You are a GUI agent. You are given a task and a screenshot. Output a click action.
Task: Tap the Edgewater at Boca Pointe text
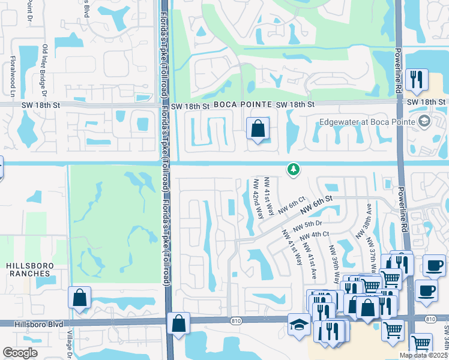(x=367, y=121)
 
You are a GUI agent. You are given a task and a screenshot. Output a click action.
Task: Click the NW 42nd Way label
(x=258, y=199)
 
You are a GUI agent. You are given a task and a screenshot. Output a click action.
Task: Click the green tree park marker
(x=293, y=170)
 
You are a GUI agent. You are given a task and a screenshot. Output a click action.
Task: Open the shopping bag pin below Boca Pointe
(x=258, y=129)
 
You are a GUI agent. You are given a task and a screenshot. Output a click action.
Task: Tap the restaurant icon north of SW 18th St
(x=415, y=80)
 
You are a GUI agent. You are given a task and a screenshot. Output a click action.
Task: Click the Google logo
(x=20, y=353)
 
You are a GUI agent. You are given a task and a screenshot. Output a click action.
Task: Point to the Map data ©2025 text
(x=423, y=355)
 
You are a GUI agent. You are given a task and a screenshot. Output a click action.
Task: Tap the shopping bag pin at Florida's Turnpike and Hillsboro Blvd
(x=178, y=325)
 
